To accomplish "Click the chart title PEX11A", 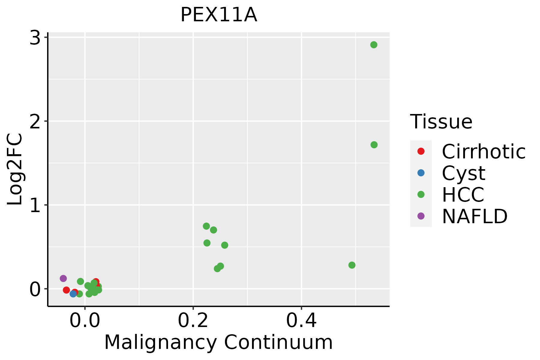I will click(x=219, y=15).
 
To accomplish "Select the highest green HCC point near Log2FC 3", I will click(x=373, y=45).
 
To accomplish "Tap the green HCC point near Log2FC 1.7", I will click(x=374, y=145).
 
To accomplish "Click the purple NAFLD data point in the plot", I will click(x=63, y=278).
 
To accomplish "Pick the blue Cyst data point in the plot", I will click(x=73, y=294).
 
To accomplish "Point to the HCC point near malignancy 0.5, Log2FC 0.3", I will click(x=352, y=265).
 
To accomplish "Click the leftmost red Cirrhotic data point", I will click(x=66, y=290).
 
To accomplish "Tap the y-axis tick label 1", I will click(x=35, y=205).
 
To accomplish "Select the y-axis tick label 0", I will click(x=35, y=289).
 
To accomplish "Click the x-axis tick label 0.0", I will click(x=85, y=321).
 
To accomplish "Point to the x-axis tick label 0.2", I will click(x=193, y=321).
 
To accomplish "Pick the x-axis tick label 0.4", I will click(x=301, y=321).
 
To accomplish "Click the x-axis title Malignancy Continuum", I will click(x=218, y=342).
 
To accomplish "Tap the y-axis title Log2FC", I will click(x=15, y=169).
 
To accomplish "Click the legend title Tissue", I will click(x=441, y=122).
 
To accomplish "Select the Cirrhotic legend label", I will click(x=483, y=151).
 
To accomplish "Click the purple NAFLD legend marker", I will click(x=421, y=216).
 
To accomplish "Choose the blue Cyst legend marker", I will click(x=421, y=173).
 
